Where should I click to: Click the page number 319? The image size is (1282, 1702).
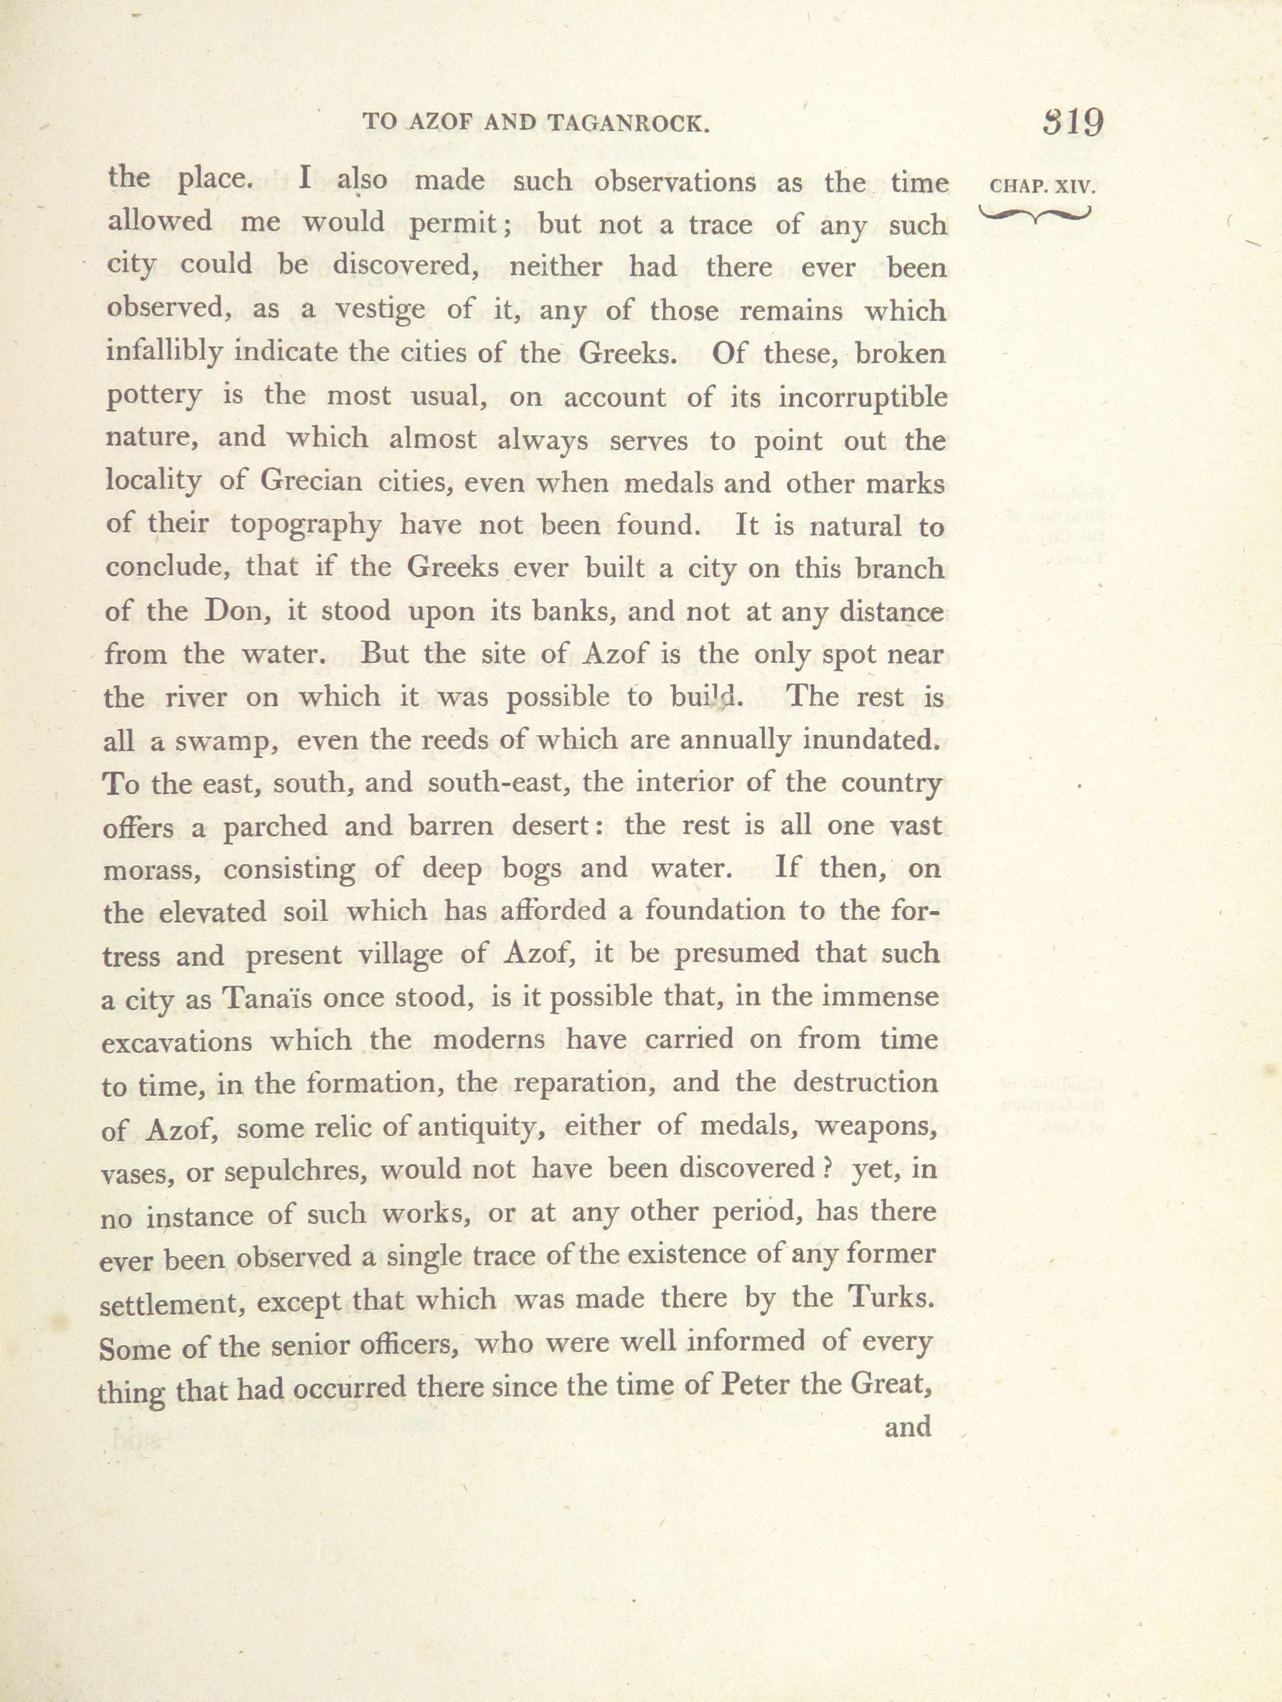(x=1073, y=122)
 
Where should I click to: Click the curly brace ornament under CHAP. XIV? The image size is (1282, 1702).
(x=1035, y=215)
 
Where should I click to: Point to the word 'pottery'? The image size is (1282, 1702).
(x=154, y=398)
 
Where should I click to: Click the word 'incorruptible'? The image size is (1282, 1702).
(x=863, y=398)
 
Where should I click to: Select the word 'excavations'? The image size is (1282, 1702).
(x=176, y=1042)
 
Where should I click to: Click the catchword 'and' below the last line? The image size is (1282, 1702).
(x=908, y=1427)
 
